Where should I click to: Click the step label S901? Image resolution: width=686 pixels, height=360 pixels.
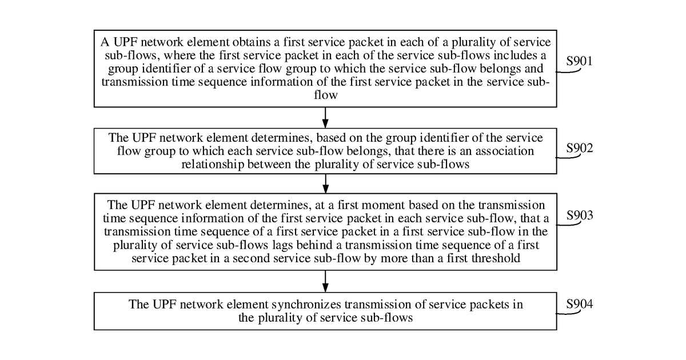[579, 61]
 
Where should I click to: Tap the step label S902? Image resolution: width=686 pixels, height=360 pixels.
[580, 148]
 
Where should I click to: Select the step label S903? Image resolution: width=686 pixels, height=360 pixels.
[580, 215]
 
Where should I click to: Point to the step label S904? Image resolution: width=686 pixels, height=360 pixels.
[580, 304]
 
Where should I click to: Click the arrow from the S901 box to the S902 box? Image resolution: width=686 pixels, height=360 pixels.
[325, 118]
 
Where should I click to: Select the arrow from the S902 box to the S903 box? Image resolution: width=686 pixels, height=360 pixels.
[325, 183]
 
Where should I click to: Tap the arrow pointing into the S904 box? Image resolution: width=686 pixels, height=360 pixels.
[325, 281]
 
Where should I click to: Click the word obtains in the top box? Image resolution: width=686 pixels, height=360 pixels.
[252, 42]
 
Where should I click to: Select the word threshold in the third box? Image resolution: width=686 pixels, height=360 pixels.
[496, 258]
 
